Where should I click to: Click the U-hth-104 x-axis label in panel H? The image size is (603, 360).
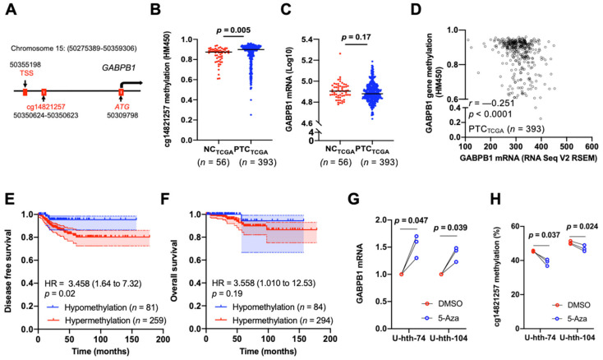573,344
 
